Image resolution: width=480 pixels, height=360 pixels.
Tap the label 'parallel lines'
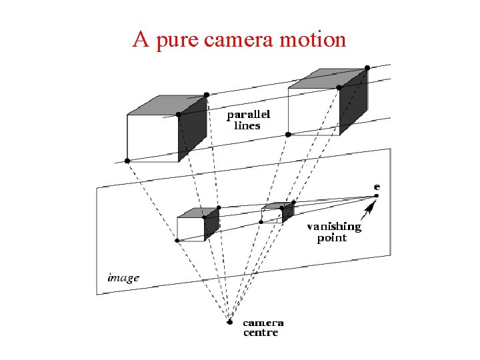pyautogui.click(x=248, y=121)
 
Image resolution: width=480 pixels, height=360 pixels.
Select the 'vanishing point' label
pyautogui.click(x=333, y=232)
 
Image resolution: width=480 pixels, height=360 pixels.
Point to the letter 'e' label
pyautogui.click(x=377, y=187)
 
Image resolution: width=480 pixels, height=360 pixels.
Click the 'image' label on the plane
pyautogui.click(x=124, y=277)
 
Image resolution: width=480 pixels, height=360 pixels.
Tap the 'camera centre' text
pyautogui.click(x=262, y=327)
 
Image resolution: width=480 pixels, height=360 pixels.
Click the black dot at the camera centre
pyautogui.click(x=229, y=322)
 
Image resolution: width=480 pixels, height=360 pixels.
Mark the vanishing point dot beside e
pyautogui.click(x=376, y=196)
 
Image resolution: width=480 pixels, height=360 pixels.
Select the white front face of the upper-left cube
pyautogui.click(x=152, y=138)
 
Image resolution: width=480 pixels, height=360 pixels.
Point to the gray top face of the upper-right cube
pyautogui.click(x=326, y=78)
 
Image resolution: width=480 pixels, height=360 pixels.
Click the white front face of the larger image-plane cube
pyautogui.click(x=190, y=229)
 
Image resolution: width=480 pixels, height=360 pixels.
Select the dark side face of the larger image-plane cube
pyautogui.click(x=211, y=225)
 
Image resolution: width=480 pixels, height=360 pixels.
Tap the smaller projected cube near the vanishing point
pyautogui.click(x=276, y=213)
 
